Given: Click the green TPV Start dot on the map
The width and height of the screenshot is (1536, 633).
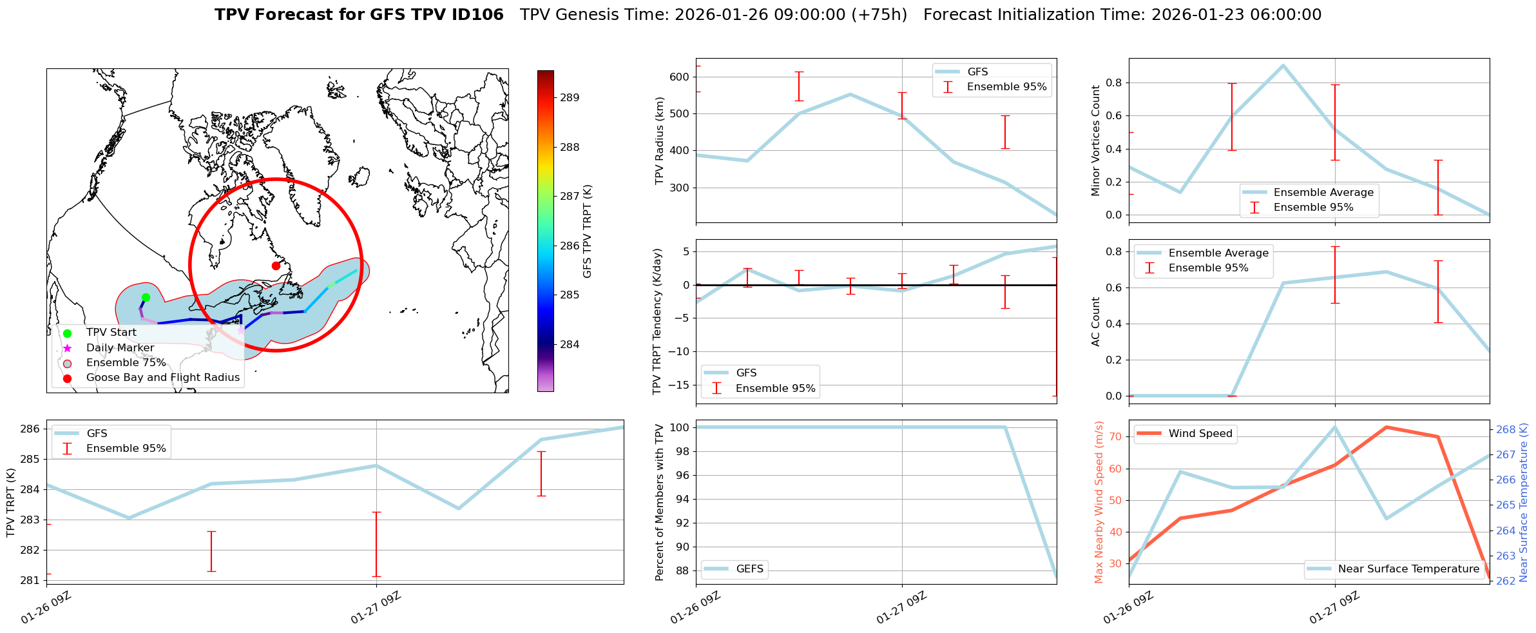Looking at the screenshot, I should [146, 297].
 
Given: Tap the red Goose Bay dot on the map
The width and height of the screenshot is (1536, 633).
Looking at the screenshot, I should [276, 266].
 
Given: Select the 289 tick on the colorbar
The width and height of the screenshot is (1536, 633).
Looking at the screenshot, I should [570, 98].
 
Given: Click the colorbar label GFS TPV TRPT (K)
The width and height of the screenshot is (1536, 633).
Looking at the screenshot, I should [587, 231].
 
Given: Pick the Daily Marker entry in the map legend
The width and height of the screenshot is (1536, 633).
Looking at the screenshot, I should [120, 347].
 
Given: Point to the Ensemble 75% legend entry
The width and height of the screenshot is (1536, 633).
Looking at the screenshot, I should [126, 362].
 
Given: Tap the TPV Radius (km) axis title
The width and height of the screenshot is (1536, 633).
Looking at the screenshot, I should [659, 141].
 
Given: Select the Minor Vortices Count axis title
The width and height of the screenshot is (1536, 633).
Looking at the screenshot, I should [1095, 141].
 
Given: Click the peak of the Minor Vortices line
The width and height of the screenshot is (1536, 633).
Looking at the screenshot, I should [1283, 65].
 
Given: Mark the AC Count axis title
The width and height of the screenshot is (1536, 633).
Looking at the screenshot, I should [1095, 322].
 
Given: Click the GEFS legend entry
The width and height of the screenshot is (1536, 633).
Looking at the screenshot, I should [749, 569].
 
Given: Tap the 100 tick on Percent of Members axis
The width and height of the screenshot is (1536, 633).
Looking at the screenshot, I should [681, 427].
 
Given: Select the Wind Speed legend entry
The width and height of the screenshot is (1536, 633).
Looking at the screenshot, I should [1200, 433].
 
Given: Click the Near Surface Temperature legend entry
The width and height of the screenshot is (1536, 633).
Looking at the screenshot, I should [1408, 569].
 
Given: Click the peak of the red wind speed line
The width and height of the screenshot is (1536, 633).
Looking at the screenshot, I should [1386, 427].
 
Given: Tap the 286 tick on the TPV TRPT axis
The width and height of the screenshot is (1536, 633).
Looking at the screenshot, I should [32, 429].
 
